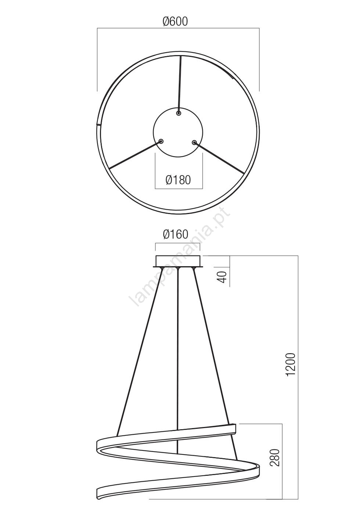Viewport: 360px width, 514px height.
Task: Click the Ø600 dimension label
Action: pos(175,22)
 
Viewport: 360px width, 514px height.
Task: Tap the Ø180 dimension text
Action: pos(178,180)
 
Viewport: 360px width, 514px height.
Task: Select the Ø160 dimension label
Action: pos(176,234)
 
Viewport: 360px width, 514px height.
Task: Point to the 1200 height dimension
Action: pos(291,368)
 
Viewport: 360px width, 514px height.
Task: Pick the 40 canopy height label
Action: pos(222,276)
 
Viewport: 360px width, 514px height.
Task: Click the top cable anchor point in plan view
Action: pos(179,113)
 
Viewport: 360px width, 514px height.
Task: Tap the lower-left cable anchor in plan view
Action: pos(161,141)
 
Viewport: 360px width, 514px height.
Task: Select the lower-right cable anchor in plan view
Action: pos(194,143)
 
